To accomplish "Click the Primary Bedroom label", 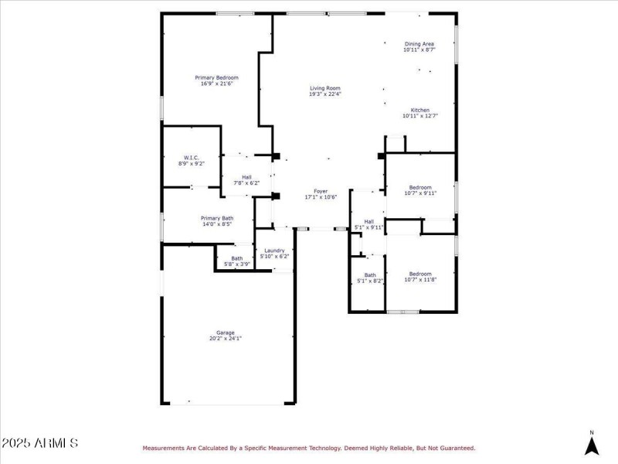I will tap(216, 77).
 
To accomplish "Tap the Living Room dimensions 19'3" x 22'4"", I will tap(324, 94).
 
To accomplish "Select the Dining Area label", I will tap(419, 43).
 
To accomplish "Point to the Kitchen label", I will tap(419, 110).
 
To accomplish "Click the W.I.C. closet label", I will tap(192, 157).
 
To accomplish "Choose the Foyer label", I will tap(320, 191).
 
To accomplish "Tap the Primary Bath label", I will tap(217, 218).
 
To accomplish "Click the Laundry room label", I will tap(274, 250).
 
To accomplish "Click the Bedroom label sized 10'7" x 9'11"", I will tap(419, 187).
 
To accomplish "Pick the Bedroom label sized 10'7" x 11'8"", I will tap(419, 273).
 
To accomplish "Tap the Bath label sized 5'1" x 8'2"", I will tap(370, 275).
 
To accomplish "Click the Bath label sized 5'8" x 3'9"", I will tap(236, 258).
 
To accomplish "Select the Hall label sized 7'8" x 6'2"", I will tap(246, 176).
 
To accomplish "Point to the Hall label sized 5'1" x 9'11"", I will tap(368, 221).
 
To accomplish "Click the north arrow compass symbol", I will tap(592, 444).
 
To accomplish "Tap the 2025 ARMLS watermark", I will tap(39, 444).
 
